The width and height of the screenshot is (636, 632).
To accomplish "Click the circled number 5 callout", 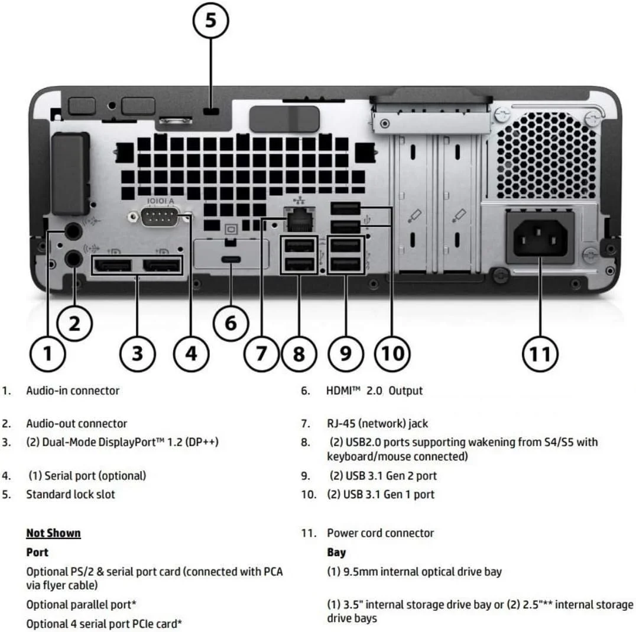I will pos(210,21).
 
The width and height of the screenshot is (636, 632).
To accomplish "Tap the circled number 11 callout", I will pos(539,353).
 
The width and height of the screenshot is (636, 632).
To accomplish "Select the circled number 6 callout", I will pos(231,323).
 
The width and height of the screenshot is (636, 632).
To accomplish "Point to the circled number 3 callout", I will pos(137,353).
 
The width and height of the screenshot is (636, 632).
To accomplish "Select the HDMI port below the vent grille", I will pos(231,260).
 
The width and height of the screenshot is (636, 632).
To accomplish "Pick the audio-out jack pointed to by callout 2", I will pos(74,259).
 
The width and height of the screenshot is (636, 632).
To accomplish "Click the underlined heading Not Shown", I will pos(53,533).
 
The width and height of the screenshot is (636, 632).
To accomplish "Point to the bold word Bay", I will pos(336,553).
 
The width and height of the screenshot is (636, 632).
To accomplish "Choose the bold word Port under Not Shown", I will pos(37,553).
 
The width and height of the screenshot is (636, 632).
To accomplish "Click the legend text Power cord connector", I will pos(381,533).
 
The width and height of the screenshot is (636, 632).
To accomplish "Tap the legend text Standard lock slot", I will pos(71,494).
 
